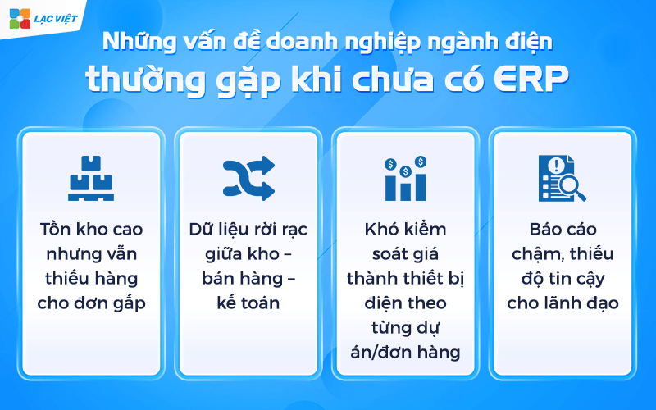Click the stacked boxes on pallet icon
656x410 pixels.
[91, 179]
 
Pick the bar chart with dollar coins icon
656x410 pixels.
[406, 178]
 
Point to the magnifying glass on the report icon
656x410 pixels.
[571, 189]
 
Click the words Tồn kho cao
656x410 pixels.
[91, 229]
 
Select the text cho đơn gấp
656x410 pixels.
[91, 303]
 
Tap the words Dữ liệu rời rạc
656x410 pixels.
[248, 229]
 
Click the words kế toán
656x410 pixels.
[248, 303]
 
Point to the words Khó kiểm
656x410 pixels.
[406, 229]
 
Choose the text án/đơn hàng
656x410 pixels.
[406, 352]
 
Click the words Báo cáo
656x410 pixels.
[563, 229]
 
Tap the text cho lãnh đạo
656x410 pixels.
[563, 303]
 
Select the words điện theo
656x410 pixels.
[406, 303]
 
